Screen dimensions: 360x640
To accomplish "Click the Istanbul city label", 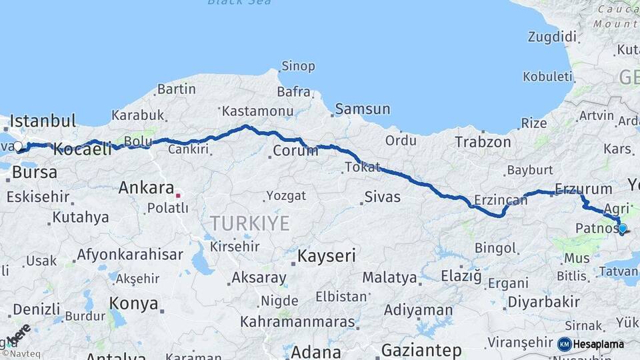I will coord(43,121).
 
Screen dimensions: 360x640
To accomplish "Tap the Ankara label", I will coord(146,188).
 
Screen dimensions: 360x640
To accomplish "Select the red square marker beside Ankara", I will coord(178,195).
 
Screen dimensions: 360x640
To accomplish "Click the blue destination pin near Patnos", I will coord(622,229).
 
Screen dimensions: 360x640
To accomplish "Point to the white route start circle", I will coord(17,147).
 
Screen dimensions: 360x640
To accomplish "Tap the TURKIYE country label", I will coord(250,223).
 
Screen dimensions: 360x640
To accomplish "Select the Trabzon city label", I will coord(483,141).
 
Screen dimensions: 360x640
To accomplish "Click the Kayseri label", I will coord(327,255).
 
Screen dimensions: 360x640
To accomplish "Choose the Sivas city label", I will coord(383,197).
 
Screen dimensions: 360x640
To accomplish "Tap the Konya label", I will coord(134,304).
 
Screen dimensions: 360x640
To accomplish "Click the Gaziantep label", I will coord(421,350).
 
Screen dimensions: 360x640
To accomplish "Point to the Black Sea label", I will coord(239,3).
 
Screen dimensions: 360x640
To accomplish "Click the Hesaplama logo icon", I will coord(564,344).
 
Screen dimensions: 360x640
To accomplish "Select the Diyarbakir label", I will coord(543,301).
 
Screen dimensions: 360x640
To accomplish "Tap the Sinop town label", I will coord(298,66).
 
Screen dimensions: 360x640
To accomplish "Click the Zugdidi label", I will coord(552,37).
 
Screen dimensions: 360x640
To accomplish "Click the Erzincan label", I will coord(501,200).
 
